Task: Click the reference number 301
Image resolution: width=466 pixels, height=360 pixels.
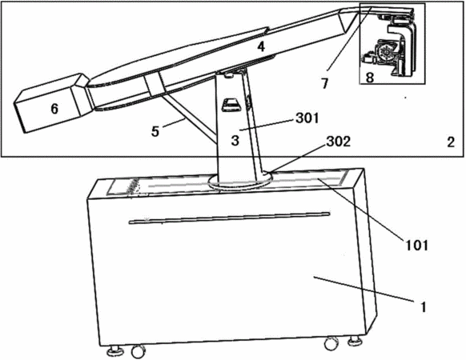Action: tap(307, 118)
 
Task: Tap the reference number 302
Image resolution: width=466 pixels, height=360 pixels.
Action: tap(339, 142)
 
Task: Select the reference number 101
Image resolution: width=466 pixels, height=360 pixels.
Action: tap(416, 246)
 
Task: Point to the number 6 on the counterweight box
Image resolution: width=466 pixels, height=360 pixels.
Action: tap(54, 109)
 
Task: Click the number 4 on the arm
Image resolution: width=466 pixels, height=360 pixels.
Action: tap(261, 46)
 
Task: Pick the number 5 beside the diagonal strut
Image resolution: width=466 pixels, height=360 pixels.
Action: tap(155, 131)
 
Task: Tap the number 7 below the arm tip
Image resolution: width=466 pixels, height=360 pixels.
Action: tap(325, 83)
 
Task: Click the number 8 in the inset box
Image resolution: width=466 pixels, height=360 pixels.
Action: tap(369, 78)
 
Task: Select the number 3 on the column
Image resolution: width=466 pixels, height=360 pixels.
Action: tap(235, 140)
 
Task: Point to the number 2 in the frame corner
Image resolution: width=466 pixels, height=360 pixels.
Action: tap(451, 142)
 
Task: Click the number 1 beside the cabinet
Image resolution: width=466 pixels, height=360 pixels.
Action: tap(424, 307)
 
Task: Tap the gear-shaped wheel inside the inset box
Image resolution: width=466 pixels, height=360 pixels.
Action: tap(386, 52)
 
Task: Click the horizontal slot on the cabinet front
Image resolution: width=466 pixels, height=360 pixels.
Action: tap(229, 218)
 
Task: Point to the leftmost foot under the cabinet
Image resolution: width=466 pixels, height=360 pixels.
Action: tap(114, 350)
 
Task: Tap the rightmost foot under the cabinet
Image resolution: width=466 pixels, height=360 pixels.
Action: tap(356, 341)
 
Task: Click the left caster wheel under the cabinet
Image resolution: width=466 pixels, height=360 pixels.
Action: tap(137, 351)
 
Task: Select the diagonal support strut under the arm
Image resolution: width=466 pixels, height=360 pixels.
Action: tap(190, 118)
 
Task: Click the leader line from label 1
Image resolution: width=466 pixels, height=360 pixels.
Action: tap(364, 289)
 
